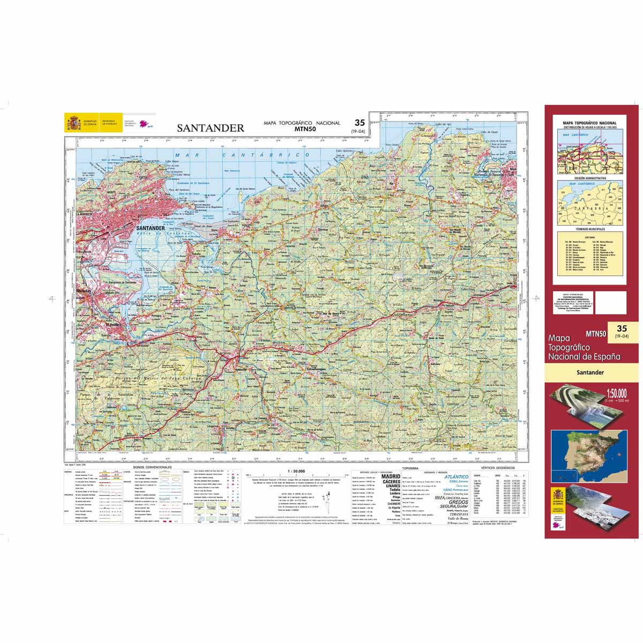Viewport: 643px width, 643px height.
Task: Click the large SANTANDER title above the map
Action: pos(211,128)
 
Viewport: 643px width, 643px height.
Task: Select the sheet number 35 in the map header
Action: pos(359,123)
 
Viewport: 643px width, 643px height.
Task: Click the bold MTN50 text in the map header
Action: pos(305,129)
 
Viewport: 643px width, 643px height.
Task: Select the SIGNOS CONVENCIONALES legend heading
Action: pos(153,467)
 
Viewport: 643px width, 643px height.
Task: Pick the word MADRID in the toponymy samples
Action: pos(390,476)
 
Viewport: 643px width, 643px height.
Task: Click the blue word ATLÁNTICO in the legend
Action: pos(456,476)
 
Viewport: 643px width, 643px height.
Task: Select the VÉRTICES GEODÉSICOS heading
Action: pos(498,468)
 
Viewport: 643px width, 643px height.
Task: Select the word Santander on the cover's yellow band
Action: pos(590,372)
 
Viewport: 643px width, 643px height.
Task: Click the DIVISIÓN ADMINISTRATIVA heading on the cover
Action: pos(590,178)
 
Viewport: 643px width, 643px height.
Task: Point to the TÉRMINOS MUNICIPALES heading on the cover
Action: pos(590,229)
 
